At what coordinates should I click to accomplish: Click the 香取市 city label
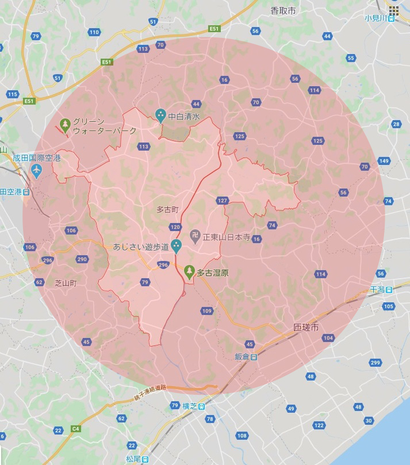(283, 10)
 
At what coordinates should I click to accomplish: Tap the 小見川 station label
(377, 17)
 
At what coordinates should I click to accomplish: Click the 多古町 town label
(168, 210)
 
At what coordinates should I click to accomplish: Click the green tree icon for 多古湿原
(189, 270)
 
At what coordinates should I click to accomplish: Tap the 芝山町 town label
(66, 283)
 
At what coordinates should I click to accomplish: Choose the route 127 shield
(223, 200)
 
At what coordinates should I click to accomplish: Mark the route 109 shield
(207, 311)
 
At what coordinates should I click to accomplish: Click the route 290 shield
(82, 259)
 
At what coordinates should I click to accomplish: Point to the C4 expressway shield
(75, 428)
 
